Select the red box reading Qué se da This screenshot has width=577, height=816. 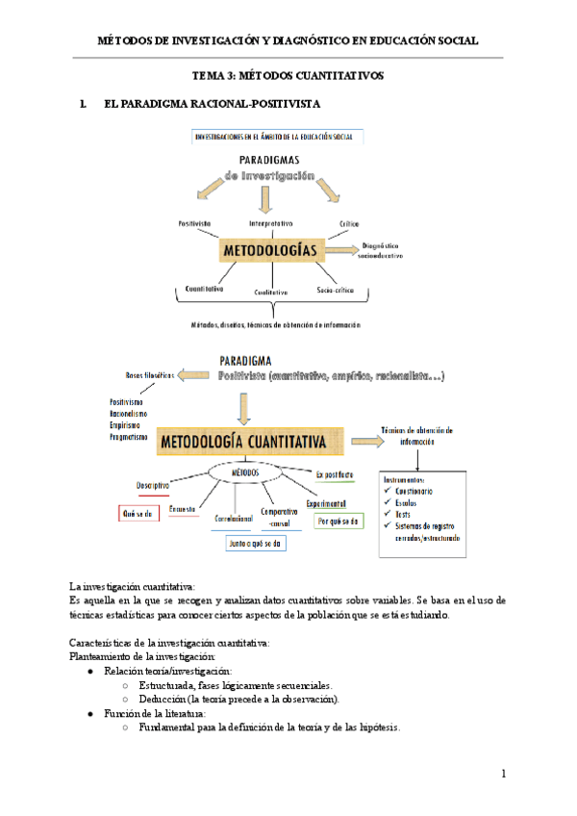coord(137,513)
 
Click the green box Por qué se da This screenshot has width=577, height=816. coord(338,521)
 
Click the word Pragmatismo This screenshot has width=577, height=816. coord(129,437)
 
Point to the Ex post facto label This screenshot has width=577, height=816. coord(336,474)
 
